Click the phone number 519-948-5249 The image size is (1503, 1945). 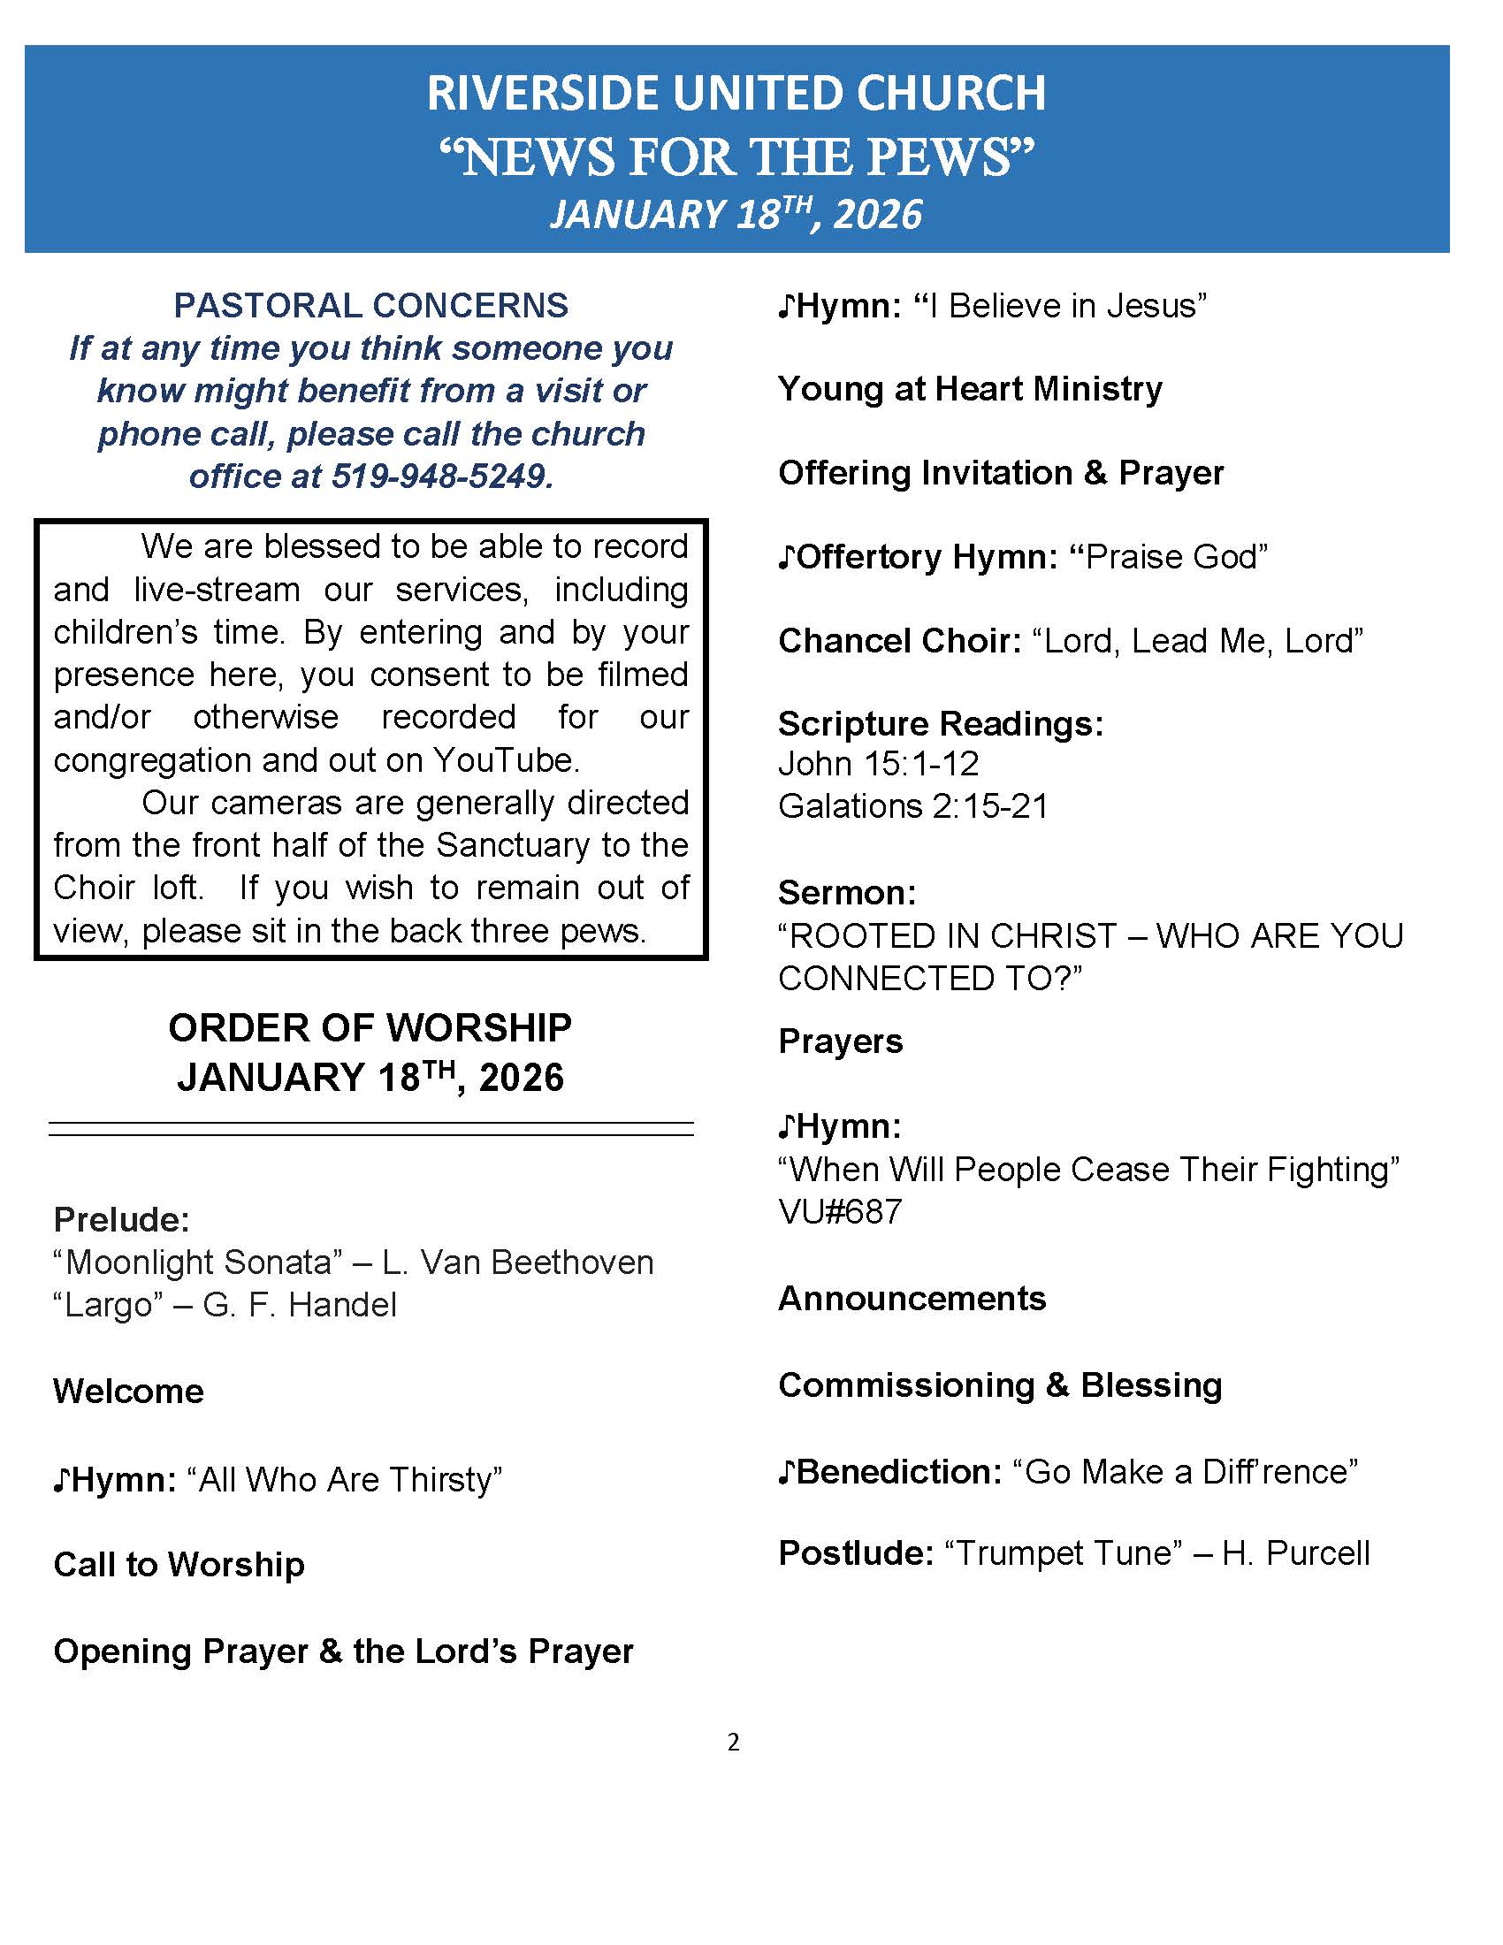point(442,477)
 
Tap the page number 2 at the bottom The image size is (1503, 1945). point(733,1743)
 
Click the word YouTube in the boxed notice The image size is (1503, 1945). point(506,759)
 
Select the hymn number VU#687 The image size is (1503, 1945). point(840,1211)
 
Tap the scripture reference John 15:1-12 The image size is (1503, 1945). point(878,763)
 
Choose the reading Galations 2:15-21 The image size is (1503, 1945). point(912,806)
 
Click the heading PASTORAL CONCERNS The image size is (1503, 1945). point(370,306)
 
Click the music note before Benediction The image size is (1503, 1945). point(785,1472)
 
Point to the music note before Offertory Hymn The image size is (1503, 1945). point(785,558)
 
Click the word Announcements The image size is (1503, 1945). point(912,1299)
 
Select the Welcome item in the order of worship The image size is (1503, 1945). point(128,1391)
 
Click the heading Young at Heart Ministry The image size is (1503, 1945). point(970,389)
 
